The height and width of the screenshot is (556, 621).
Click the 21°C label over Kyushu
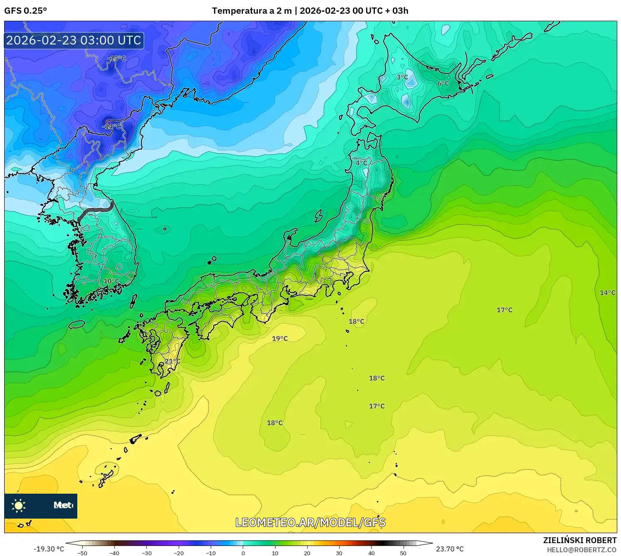click(172, 361)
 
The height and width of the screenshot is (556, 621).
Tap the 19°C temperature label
click(280, 339)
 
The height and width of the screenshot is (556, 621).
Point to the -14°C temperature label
click(111, 126)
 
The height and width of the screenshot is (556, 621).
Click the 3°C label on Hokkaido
click(402, 77)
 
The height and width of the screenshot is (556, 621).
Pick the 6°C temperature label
click(443, 84)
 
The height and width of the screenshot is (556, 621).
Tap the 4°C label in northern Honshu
click(361, 163)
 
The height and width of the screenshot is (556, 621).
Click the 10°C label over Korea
click(111, 281)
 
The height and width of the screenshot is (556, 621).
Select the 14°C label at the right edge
click(607, 293)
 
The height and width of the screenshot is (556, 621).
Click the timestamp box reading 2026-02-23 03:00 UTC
click(74, 40)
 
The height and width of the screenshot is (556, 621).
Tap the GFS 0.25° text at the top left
click(25, 11)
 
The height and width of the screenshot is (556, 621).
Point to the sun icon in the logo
click(19, 506)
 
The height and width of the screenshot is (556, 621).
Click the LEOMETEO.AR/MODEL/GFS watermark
click(310, 522)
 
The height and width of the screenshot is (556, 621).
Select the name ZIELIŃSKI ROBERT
click(580, 540)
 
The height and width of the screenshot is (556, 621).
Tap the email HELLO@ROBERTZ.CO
click(582, 550)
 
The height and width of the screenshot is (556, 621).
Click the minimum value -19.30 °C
click(49, 549)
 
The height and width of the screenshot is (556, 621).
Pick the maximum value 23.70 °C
click(450, 549)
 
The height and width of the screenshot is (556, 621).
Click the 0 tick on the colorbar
click(243, 553)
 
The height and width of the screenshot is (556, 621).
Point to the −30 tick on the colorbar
click(147, 553)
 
